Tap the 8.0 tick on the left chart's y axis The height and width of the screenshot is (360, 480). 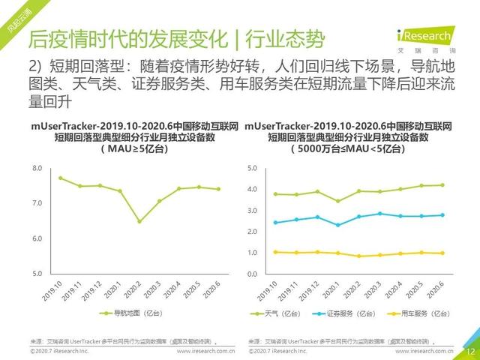coord(37,169)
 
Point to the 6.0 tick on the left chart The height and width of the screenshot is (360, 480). coord(37,238)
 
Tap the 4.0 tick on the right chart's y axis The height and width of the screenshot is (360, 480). coord(253,190)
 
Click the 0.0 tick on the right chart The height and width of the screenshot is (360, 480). coord(253,274)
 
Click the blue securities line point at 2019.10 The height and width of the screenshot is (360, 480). coord(276,222)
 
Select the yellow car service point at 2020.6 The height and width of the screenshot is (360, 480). coord(442,253)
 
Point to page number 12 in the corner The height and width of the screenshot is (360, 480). coord(470,350)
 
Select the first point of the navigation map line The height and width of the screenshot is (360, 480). coord(60,178)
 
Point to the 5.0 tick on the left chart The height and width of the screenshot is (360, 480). coord(37,274)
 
